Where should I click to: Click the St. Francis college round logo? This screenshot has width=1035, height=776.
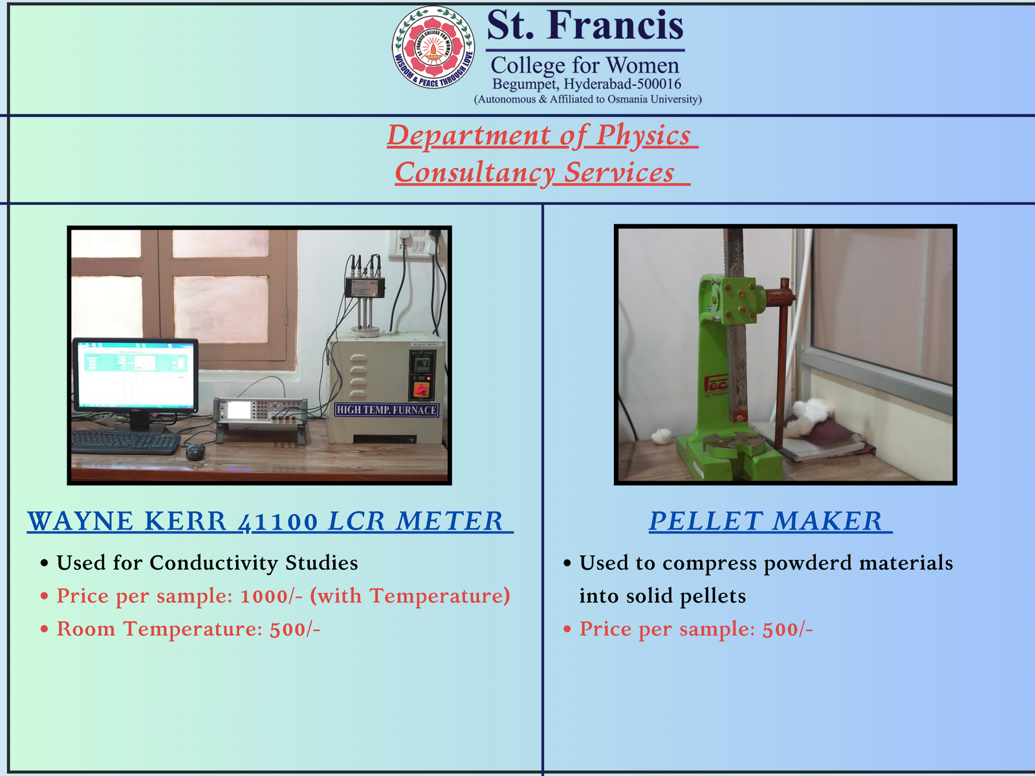tap(433, 47)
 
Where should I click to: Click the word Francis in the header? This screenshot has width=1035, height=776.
tap(615, 25)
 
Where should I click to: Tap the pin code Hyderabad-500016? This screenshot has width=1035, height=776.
tap(622, 84)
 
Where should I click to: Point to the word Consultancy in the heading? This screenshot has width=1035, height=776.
tap(475, 173)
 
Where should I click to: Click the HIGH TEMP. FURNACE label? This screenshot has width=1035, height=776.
tap(387, 410)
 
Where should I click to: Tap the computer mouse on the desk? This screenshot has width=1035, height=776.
tap(195, 452)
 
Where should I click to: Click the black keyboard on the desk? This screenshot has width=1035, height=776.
tap(125, 442)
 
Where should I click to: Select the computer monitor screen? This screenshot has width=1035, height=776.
tap(136, 375)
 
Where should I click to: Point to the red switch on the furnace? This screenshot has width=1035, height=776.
tap(420, 389)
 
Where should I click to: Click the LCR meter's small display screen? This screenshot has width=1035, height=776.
tap(239, 410)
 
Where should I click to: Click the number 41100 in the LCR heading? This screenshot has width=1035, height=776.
tap(278, 522)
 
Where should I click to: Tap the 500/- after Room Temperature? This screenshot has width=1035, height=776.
tap(295, 629)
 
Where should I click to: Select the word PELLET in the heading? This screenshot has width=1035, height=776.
tap(705, 522)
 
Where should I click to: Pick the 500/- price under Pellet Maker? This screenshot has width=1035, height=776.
tap(787, 629)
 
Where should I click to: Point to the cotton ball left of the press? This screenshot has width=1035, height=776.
tap(661, 436)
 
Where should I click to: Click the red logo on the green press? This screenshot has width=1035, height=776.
tap(716, 384)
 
